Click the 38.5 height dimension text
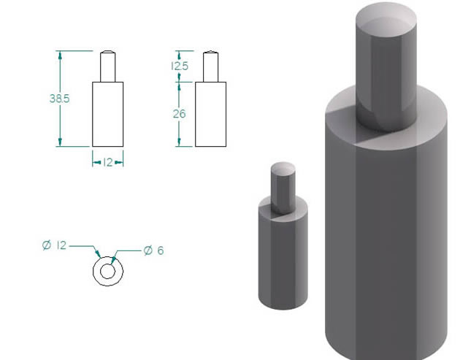tap(60, 99)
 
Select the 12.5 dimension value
tap(180, 66)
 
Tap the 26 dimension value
tap(179, 114)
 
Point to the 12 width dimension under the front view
tap(108, 162)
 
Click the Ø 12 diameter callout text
tap(55, 245)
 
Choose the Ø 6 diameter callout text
tap(154, 250)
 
